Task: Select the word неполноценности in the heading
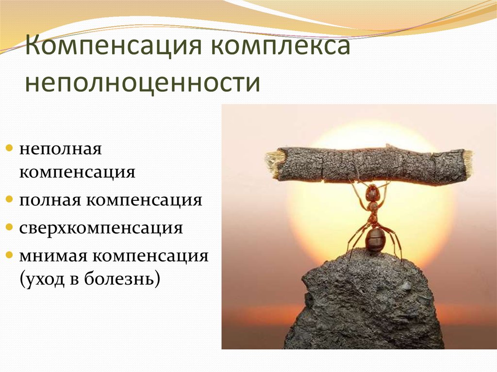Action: click(x=142, y=82)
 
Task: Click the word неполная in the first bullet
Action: click(x=61, y=149)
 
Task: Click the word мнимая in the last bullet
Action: click(x=53, y=257)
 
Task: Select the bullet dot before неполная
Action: click(x=10, y=148)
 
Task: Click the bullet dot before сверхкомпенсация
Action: click(x=10, y=227)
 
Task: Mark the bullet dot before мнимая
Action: click(x=10, y=255)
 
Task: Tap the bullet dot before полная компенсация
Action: click(x=10, y=199)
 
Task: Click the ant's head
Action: click(x=373, y=192)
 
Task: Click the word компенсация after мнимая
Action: click(x=150, y=257)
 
